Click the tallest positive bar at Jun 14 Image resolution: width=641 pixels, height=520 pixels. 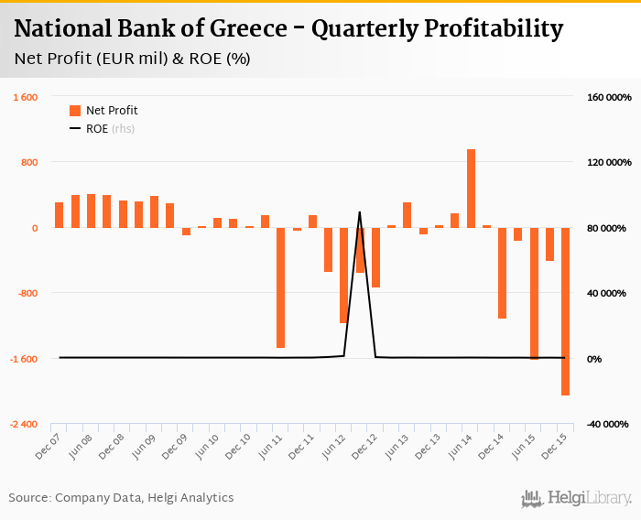pos(471,189)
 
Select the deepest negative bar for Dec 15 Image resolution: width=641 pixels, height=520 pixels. pos(565,311)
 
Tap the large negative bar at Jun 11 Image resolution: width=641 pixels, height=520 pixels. pos(280,287)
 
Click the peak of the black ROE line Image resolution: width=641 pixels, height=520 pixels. pos(359,212)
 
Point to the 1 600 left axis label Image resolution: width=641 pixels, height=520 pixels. pos(24,97)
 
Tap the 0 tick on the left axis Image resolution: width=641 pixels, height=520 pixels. pos(34,228)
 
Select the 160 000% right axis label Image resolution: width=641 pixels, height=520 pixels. pos(606,97)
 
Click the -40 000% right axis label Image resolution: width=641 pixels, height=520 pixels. pos(606,425)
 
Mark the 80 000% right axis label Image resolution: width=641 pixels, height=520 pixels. pos(608,228)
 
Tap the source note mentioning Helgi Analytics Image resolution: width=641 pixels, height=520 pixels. pos(121,498)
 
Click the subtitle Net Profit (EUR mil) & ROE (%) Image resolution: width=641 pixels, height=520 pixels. pos(133,59)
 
